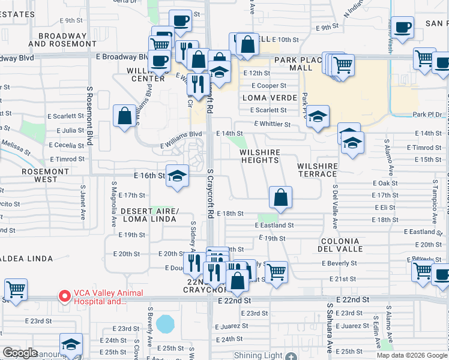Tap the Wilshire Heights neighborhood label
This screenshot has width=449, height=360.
pos(259,157)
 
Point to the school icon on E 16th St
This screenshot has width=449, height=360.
pos(177,176)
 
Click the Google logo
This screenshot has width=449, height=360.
pos(20,353)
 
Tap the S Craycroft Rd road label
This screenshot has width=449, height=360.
pos(210,193)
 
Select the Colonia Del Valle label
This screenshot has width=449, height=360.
pos(341,245)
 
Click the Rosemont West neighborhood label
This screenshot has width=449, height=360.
pos(46,175)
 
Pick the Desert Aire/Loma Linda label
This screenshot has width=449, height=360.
pos(149,215)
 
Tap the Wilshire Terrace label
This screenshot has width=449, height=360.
pos(317,170)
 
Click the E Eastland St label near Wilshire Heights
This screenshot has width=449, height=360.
pos(274,226)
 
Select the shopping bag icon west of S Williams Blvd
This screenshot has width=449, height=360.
pos(124,116)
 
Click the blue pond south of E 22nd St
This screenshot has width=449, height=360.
pos(163,324)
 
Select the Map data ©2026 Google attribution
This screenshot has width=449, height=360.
pos(411,355)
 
